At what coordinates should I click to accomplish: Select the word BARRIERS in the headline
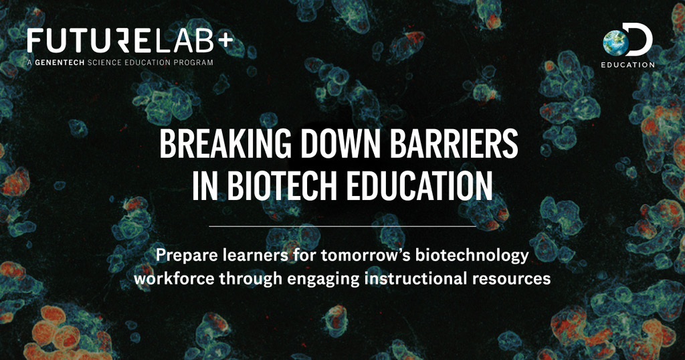[x=454, y=144]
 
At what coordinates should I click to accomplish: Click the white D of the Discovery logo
[x=640, y=39]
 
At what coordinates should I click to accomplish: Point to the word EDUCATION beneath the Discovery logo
[x=627, y=65]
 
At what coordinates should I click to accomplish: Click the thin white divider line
[x=342, y=226]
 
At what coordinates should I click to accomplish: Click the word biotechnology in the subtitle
[x=472, y=256]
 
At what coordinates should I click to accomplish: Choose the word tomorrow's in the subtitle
[x=366, y=256]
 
